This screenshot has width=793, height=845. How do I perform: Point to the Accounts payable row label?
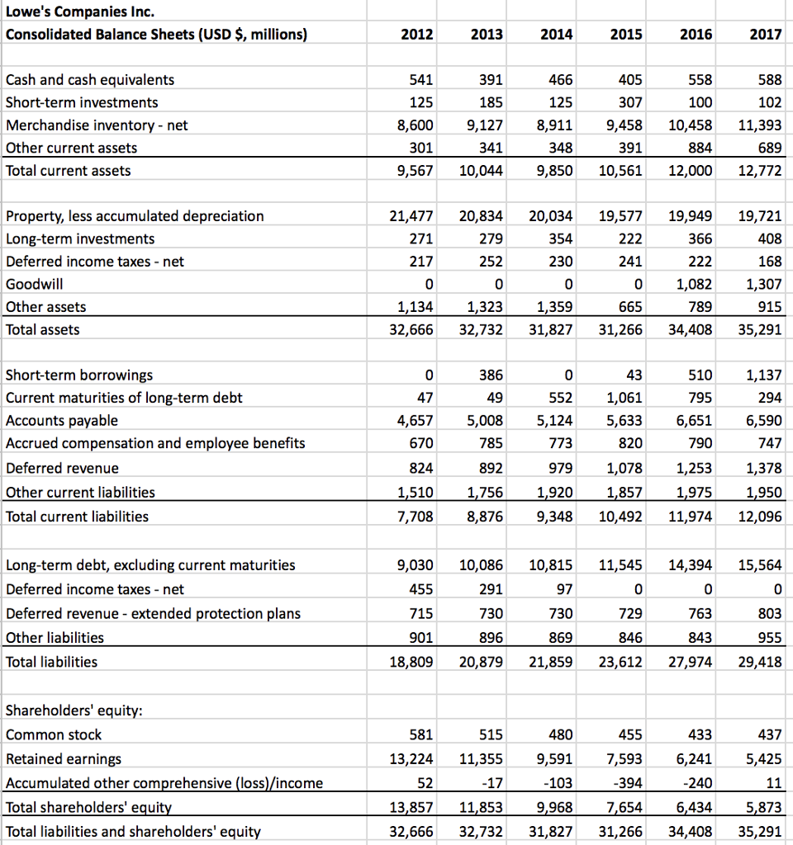coord(62,421)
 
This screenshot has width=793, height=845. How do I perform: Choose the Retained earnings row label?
coord(64,759)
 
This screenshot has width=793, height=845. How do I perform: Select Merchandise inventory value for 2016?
coord(690,125)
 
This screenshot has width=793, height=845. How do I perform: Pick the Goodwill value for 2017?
coord(762,284)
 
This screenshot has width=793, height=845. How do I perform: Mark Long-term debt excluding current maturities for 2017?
coord(760,566)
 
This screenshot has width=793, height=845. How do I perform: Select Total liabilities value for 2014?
coord(550,662)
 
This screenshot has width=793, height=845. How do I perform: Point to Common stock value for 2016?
coord(697,735)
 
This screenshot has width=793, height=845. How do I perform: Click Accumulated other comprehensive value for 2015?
coord(627,783)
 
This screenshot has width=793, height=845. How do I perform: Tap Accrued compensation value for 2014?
coord(559,443)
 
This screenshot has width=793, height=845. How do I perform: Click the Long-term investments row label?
coord(80,239)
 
